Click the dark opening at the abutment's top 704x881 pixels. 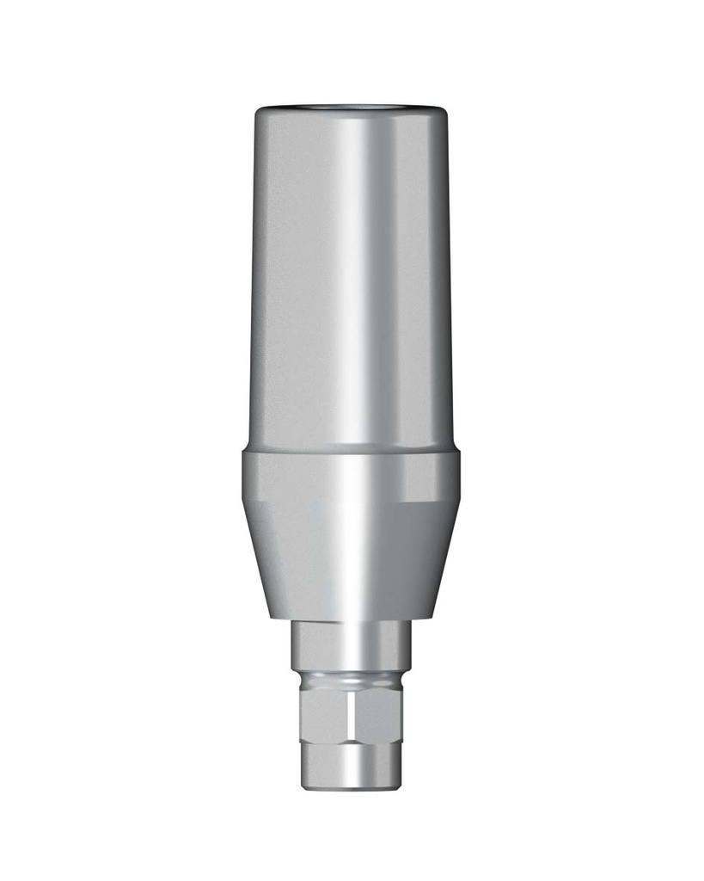[351, 108]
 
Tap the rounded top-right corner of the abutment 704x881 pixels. [442, 113]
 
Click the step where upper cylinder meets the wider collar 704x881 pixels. [351, 451]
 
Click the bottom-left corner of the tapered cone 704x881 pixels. [272, 615]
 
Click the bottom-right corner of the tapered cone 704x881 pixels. [430, 615]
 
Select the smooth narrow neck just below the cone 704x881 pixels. [351, 641]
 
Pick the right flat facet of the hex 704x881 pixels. [378, 714]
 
